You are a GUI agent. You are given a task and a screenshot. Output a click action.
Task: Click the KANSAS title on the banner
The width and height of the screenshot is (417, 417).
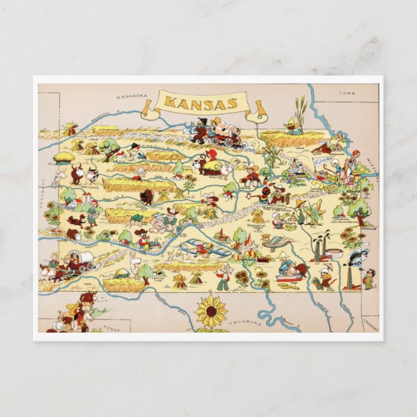pos(201,103)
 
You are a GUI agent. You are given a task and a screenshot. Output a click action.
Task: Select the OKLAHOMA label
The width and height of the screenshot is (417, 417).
pos(249,322)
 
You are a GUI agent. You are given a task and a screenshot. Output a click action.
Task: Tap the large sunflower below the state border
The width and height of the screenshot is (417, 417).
pos(210,311)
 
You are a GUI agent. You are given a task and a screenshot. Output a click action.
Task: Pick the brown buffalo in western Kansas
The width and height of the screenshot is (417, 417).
pos(147,197)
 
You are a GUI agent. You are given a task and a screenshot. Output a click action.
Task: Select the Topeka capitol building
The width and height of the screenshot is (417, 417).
pos(297,170)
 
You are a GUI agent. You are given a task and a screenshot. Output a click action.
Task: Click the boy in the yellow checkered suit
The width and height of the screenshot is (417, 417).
pos(368,278)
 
